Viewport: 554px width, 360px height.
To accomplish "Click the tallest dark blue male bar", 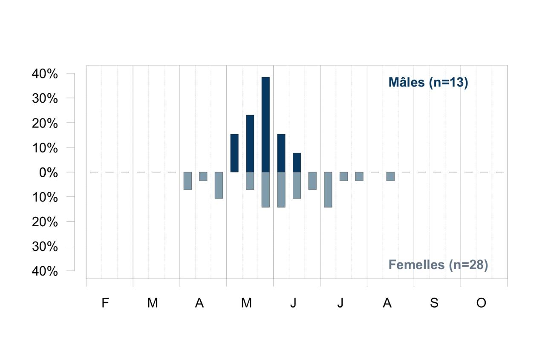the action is pyautogui.click(x=265, y=124).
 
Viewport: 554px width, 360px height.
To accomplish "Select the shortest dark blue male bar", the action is pyautogui.click(x=297, y=162).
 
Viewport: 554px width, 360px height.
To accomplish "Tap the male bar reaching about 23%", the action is pyautogui.click(x=250, y=144).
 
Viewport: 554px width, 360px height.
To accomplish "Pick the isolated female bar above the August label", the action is pyautogui.click(x=390, y=176).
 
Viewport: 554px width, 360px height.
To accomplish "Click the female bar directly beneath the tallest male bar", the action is pyautogui.click(x=265, y=190).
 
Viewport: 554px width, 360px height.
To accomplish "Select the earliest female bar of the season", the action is pyautogui.click(x=188, y=181).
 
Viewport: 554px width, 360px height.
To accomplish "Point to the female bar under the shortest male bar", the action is pyautogui.click(x=297, y=185).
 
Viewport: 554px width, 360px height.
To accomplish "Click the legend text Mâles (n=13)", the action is pyautogui.click(x=428, y=82).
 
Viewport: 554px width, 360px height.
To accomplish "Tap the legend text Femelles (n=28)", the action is pyautogui.click(x=438, y=265).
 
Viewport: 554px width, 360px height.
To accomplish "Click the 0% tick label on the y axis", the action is pyautogui.click(x=49, y=173).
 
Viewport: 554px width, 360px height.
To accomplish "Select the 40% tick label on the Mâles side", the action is pyautogui.click(x=45, y=74).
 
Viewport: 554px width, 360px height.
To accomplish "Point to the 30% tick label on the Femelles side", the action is pyautogui.click(x=45, y=247).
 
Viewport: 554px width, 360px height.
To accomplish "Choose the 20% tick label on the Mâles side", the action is pyautogui.click(x=45, y=123).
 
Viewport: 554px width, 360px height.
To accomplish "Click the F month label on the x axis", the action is pyautogui.click(x=105, y=302).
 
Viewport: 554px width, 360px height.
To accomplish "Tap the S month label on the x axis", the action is pyautogui.click(x=434, y=302).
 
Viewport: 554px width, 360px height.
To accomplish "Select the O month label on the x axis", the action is pyautogui.click(x=481, y=302).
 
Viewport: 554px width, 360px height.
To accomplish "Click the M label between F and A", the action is pyautogui.click(x=153, y=302).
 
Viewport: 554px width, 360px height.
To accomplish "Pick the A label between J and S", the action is pyautogui.click(x=387, y=302).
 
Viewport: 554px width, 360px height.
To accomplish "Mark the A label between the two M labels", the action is pyautogui.click(x=199, y=302).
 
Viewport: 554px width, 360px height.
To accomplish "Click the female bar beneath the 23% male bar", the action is pyautogui.click(x=250, y=181).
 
